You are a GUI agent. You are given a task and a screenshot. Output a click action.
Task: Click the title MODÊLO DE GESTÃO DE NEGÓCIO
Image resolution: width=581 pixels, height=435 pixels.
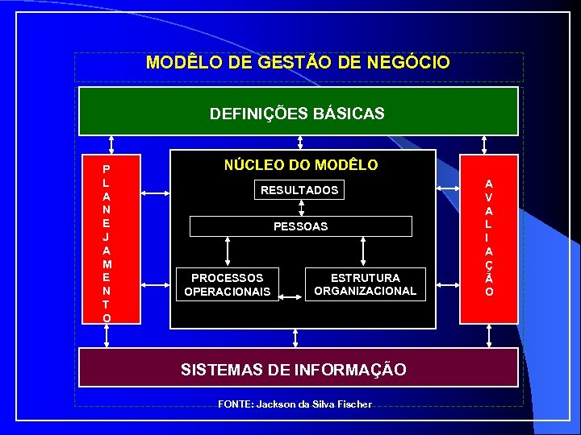[298, 63]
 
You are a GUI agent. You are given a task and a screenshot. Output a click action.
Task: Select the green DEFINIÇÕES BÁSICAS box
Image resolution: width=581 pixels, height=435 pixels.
[298, 112]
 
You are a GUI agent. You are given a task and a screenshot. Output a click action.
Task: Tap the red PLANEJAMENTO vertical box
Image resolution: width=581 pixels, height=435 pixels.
[107, 239]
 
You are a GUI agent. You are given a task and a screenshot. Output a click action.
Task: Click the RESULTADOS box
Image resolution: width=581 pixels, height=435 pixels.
[299, 190]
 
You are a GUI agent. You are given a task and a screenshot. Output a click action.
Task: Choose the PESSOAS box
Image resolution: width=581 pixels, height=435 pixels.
[300, 226]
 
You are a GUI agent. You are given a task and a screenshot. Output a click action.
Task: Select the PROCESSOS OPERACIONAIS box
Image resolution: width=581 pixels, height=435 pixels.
[227, 284]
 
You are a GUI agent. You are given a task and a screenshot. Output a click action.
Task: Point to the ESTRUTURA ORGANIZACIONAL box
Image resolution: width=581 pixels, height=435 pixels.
[365, 284]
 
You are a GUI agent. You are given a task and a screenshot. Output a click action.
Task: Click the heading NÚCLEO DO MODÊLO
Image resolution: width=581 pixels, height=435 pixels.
[300, 164]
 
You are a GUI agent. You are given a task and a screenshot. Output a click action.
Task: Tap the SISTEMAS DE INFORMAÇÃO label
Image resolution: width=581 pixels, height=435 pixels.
[293, 370]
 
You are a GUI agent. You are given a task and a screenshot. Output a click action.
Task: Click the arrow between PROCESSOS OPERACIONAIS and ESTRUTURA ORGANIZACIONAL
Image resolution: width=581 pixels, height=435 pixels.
[291, 297]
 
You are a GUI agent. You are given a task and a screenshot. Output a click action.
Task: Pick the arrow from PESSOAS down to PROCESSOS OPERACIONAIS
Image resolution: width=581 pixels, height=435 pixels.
[228, 251]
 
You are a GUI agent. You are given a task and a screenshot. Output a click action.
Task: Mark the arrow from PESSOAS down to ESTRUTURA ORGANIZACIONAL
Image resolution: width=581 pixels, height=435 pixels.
[365, 251]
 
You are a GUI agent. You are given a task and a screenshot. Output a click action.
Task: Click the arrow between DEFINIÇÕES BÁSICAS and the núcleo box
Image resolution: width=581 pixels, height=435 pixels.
[300, 143]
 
